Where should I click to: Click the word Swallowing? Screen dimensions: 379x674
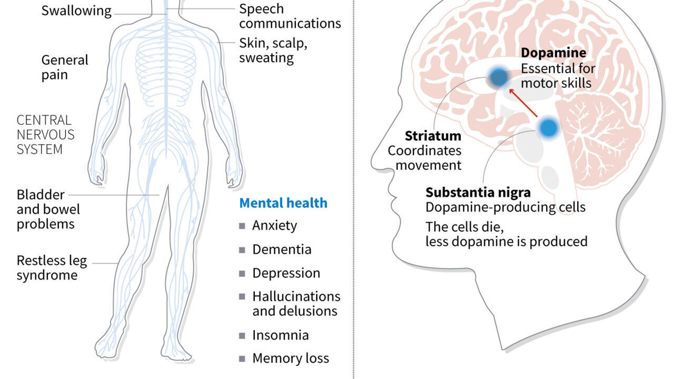click(76, 11)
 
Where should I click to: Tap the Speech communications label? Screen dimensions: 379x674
click(290, 16)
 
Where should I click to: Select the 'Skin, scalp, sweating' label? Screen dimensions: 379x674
click(273, 50)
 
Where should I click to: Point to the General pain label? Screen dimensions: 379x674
click(65, 67)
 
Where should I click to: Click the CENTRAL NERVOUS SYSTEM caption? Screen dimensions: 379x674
click(45, 135)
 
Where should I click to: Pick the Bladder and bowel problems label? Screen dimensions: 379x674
click(48, 210)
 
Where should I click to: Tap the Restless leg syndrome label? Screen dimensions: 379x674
click(52, 268)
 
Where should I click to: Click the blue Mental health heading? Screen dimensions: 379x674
click(283, 203)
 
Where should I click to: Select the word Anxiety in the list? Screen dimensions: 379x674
click(274, 225)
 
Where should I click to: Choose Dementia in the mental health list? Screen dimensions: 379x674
click(282, 249)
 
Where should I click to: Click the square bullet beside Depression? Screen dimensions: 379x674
click(242, 273)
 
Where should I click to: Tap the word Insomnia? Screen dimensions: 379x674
click(280, 335)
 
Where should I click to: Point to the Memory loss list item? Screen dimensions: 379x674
click(290, 358)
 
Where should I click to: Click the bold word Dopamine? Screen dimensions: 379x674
click(553, 53)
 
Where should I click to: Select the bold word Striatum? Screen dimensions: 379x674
click(433, 136)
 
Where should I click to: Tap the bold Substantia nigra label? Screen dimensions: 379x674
click(478, 192)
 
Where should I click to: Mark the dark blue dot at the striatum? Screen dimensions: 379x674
click(498, 78)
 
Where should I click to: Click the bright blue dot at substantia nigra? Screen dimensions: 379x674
click(549, 127)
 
